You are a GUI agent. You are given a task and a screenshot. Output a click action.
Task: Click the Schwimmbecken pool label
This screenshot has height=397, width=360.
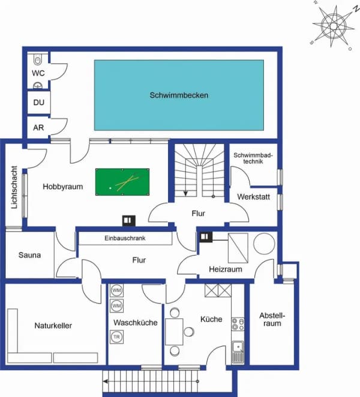point(179,95)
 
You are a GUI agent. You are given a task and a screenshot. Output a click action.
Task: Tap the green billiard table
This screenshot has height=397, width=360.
point(122,182)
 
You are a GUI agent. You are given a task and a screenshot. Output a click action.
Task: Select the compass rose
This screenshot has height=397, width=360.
point(334,26)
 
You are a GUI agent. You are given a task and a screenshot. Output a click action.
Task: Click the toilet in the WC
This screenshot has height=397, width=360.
point(38,60)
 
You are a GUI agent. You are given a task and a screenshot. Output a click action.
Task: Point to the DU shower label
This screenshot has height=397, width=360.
point(39,103)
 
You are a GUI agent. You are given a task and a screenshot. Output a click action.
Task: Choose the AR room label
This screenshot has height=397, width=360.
point(38,128)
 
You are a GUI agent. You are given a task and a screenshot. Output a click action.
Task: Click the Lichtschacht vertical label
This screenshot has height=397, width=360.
point(14,187)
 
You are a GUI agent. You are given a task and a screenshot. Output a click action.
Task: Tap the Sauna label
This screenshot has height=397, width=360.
point(29,255)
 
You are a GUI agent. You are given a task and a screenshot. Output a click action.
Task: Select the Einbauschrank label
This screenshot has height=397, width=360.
point(125,238)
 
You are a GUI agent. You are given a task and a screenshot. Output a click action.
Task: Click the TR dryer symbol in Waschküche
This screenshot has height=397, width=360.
point(116,337)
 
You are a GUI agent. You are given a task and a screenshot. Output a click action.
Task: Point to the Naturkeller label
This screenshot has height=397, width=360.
point(53,326)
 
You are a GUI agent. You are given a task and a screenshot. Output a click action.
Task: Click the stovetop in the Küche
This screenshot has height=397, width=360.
point(238,324)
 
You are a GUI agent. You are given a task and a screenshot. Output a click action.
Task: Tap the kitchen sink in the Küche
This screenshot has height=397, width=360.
point(238,351)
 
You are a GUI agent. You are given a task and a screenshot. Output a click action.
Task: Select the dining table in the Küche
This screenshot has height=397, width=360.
point(174,332)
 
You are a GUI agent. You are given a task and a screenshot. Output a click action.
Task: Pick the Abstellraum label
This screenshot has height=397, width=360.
point(272,320)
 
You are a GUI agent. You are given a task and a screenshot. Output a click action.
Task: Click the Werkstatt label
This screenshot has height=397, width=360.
point(254,197)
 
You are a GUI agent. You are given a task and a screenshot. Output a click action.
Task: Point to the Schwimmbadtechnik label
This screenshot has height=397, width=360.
point(253,158)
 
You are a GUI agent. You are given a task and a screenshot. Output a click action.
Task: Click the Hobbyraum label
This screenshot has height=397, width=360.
point(63,187)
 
